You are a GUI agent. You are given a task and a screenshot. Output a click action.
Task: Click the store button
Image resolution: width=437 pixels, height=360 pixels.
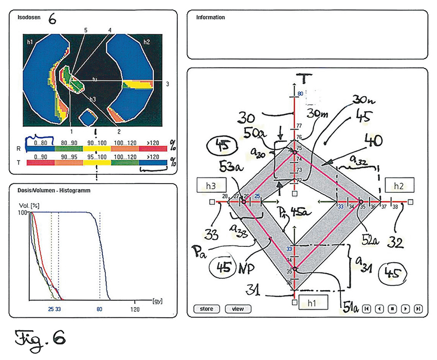[207, 309]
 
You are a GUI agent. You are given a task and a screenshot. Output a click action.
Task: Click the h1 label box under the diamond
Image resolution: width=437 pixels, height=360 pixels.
[314, 300]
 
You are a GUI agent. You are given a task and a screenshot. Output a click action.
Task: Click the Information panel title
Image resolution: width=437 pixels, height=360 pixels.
[210, 17]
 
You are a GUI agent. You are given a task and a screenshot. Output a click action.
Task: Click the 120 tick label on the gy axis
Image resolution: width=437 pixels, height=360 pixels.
[134, 310]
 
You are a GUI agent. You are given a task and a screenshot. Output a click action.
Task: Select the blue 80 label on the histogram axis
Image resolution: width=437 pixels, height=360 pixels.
[99, 310]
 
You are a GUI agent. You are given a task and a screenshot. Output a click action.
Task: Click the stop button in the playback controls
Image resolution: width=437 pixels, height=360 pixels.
[392, 309]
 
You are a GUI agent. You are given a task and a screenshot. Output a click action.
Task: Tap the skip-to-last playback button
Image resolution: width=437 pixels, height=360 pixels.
[418, 309]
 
